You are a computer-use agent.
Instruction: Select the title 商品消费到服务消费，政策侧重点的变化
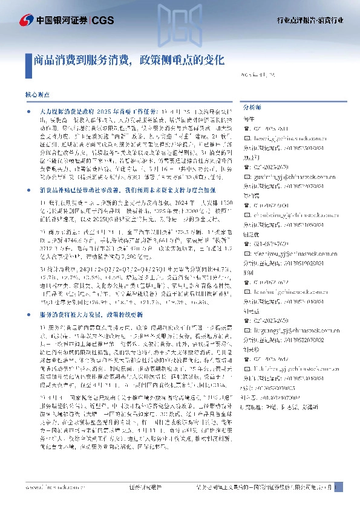(x=129, y=60)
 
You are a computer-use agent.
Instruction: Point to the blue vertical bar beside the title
(x=30, y=60)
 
